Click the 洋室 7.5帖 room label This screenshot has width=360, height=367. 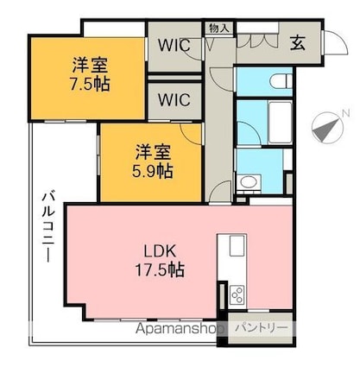click(90, 74)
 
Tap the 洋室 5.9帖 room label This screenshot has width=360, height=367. click(153, 161)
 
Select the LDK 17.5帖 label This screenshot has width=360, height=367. click(160, 261)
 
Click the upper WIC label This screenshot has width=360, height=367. click(174, 45)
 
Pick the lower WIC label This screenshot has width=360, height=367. click(174, 99)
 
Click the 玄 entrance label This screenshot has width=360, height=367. click(298, 43)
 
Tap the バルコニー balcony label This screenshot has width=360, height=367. click(48, 227)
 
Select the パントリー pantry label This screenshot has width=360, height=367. click(262, 327)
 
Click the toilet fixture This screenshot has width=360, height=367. click(281, 81)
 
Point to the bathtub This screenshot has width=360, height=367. click(280, 121)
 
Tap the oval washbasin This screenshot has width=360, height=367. click(249, 181)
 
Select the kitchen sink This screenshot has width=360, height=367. click(237, 245)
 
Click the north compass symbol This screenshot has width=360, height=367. click(328, 128)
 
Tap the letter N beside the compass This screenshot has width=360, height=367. click(345, 113)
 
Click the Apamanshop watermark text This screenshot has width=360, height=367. click(180, 329)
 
